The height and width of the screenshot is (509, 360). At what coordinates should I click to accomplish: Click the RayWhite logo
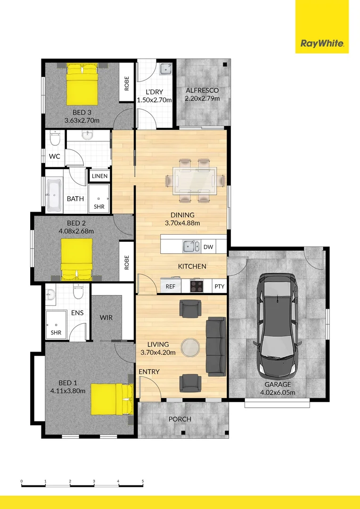(322, 44)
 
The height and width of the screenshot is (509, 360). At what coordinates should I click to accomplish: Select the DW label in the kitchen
(208, 246)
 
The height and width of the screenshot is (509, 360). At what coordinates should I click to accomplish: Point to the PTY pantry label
(219, 286)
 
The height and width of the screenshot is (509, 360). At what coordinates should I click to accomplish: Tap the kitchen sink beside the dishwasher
(191, 246)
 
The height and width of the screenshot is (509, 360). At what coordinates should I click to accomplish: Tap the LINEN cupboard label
(99, 176)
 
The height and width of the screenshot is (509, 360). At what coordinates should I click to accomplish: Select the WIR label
(106, 318)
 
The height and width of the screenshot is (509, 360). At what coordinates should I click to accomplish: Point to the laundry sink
(165, 69)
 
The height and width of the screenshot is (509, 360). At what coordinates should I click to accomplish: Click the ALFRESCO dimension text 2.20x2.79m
(202, 99)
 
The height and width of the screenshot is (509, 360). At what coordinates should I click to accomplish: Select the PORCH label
(180, 419)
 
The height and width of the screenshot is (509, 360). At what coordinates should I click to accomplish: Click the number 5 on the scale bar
(142, 481)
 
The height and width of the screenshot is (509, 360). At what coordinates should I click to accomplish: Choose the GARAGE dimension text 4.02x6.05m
(278, 392)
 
